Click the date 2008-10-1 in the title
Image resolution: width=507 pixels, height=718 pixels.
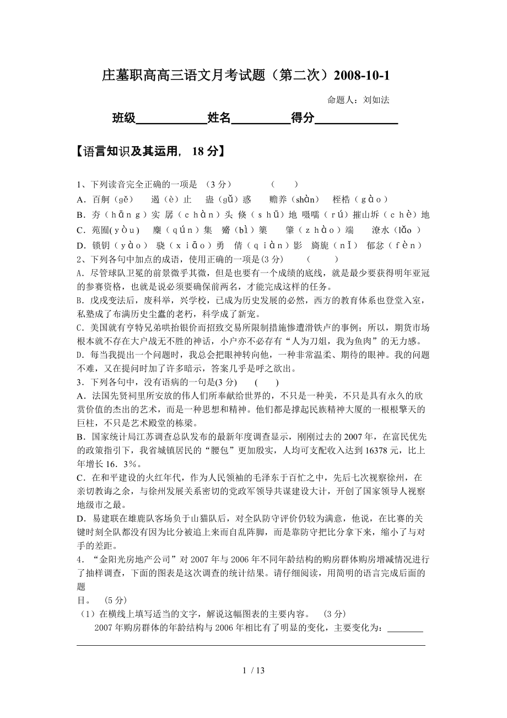tap(365, 75)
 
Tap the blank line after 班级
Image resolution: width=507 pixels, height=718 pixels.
tap(171, 119)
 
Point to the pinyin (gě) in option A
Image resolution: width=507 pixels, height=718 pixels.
tap(123, 200)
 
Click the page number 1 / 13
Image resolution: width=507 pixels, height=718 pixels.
tap(253, 671)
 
